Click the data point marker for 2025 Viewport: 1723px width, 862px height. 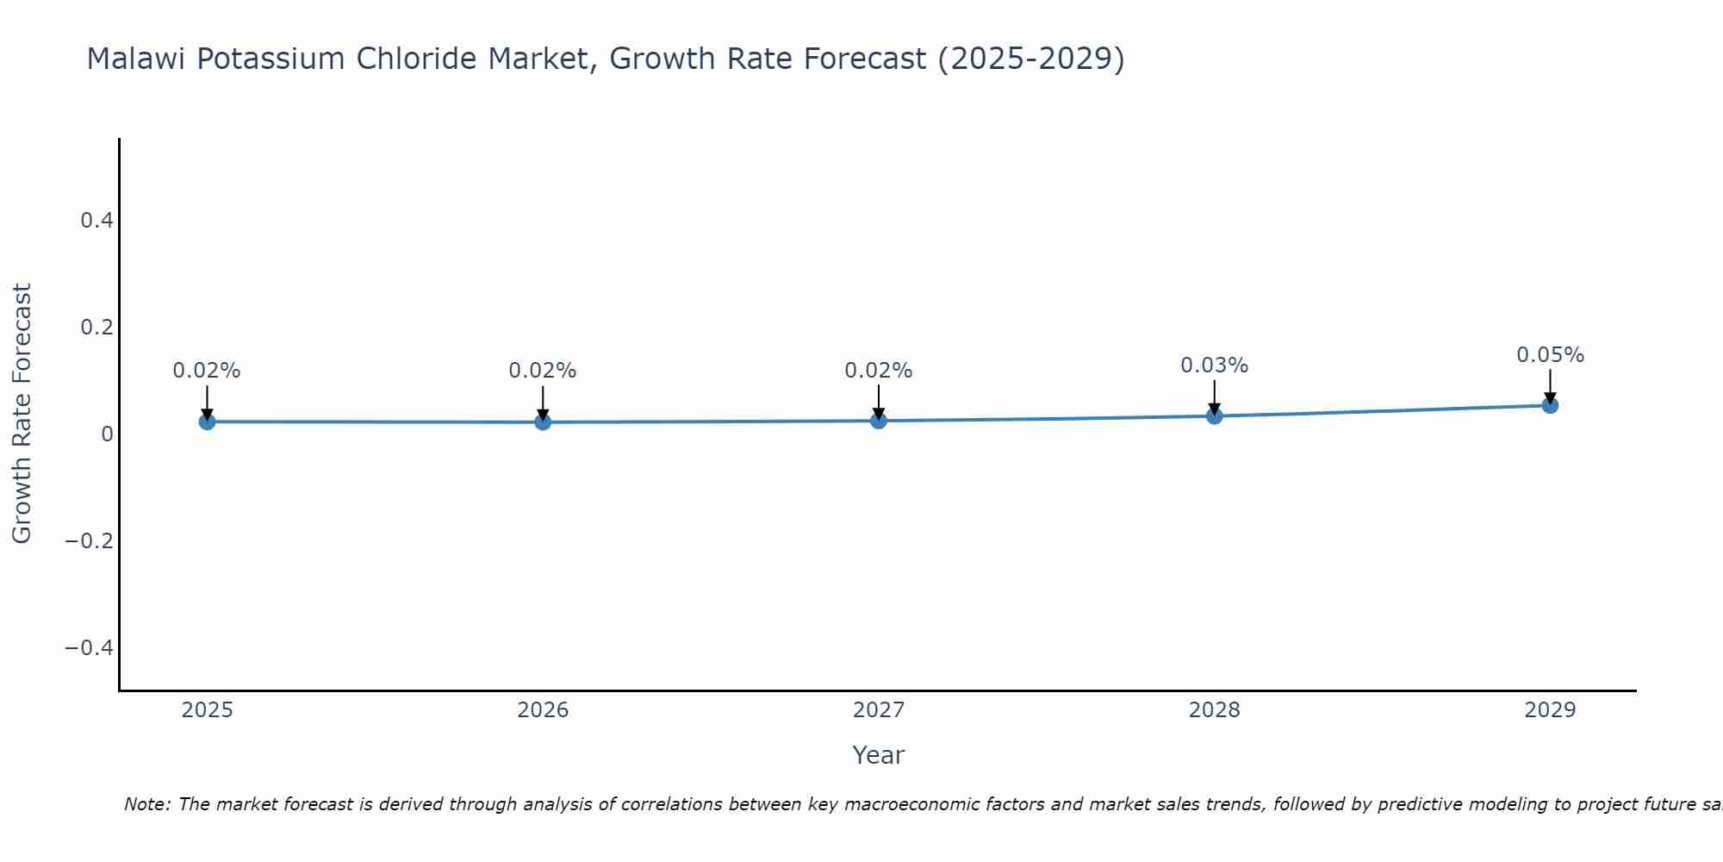pos(207,422)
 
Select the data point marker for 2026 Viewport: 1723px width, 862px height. pos(543,422)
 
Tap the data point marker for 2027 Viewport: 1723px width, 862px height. pos(879,421)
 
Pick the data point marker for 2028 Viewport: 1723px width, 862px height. pos(1215,416)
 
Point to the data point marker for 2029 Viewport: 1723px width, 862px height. pos(1550,405)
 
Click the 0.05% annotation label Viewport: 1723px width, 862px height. pos(1550,355)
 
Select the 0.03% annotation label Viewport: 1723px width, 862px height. pos(1214,365)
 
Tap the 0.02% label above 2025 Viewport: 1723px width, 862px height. pos(207,371)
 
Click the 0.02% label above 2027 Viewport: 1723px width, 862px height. pos(878,371)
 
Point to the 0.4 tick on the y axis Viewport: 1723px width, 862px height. pos(97,221)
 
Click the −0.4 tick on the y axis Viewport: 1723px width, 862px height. pos(90,647)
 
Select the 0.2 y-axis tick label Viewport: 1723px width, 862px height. pos(97,328)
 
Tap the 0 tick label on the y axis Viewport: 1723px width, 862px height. pos(108,434)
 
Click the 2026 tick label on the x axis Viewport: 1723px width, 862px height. pos(543,710)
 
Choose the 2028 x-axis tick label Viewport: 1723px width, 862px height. pos(1214,710)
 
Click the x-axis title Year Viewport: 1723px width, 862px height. pos(878,755)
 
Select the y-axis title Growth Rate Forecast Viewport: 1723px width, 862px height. pos(22,414)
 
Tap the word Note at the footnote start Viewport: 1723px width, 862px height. pos(146,804)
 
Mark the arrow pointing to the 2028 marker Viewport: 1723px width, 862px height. pos(1215,397)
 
